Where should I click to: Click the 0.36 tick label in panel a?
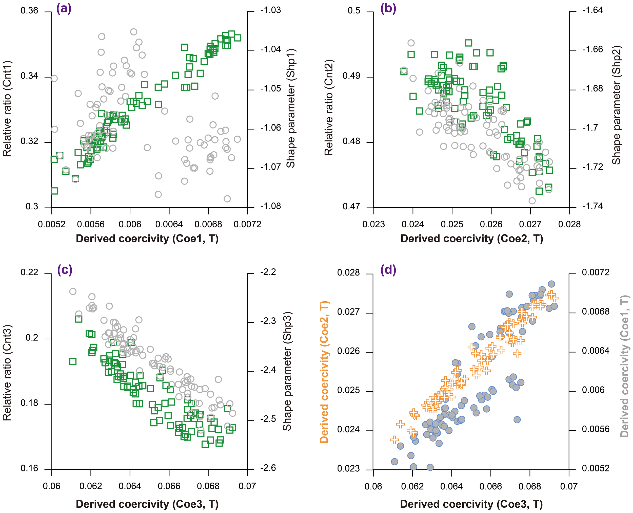pos(29,11)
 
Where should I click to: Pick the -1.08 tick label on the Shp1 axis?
pos(270,206)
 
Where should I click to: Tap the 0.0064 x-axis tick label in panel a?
pos(169,224)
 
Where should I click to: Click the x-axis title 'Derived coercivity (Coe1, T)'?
pos(147,239)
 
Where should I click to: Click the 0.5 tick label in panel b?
pos(354,11)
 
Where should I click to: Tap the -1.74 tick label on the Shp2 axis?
pos(592,206)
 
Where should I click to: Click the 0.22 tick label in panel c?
pos(29,272)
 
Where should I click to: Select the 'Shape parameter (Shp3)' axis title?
pos(287,371)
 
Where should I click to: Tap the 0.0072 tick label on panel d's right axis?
pos(596,272)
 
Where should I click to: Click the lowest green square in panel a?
pos(54,191)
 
